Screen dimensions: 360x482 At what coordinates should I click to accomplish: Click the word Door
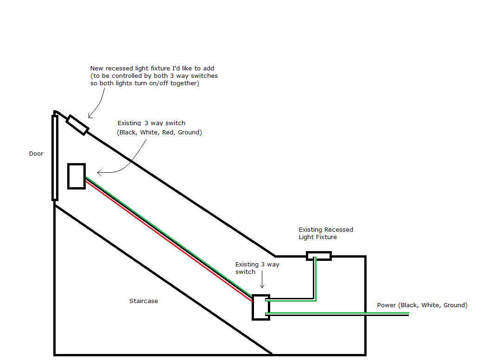tap(36, 154)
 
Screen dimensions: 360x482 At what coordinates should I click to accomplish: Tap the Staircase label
tap(143, 301)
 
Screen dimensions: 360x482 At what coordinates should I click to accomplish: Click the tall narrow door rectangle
tap(55, 158)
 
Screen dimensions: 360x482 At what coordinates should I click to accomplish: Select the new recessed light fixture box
tap(77, 125)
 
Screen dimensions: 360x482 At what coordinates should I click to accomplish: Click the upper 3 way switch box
tap(76, 176)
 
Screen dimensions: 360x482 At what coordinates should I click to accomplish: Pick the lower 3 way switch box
tap(260, 307)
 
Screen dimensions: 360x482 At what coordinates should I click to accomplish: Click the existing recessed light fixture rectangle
tap(319, 256)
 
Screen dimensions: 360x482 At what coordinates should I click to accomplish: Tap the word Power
tap(387, 305)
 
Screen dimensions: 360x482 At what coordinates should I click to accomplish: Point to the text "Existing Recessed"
tap(325, 230)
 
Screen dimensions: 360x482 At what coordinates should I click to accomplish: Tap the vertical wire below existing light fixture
tap(315, 278)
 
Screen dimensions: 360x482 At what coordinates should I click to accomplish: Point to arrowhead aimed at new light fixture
tap(90, 116)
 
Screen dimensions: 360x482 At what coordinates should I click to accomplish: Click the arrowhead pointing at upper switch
tap(100, 173)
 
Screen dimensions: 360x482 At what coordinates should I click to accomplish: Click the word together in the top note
tap(187, 83)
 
